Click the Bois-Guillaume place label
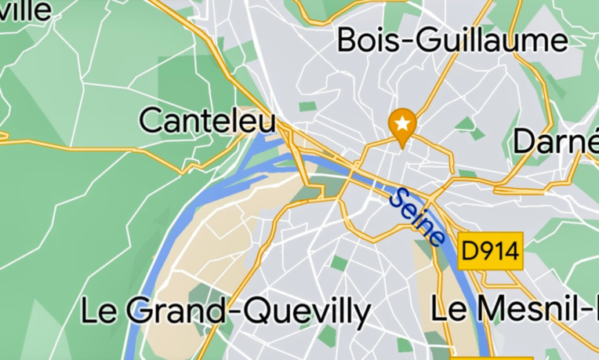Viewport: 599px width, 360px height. point(452,40)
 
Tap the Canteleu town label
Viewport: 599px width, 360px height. point(208,122)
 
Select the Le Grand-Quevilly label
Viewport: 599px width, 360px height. point(226,311)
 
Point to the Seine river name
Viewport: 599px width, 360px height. point(417,217)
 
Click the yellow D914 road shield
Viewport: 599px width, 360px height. point(491,251)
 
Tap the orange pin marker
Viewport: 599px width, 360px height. point(403,126)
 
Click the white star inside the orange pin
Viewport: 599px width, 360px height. point(403,122)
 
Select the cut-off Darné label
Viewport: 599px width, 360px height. point(555,142)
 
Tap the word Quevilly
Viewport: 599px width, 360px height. point(307,312)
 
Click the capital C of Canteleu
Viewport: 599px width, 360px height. point(151,122)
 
